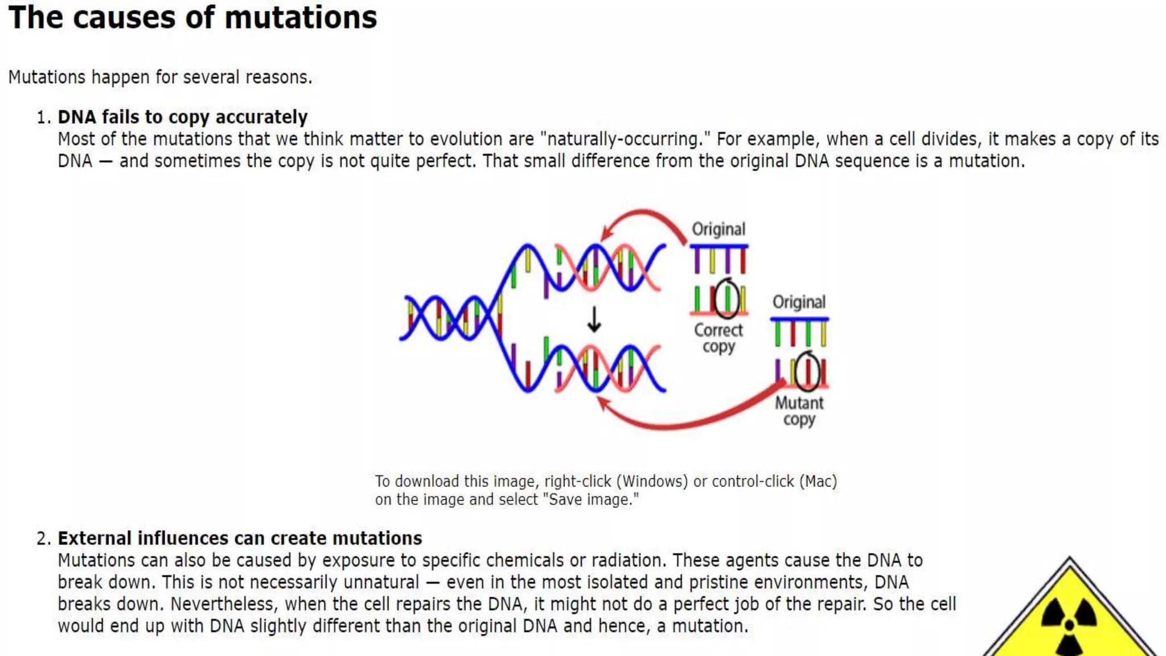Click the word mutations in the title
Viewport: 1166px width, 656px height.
301,18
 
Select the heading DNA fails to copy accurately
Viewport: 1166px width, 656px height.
182,117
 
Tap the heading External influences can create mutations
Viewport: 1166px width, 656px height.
240,538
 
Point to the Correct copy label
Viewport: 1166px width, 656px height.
719,338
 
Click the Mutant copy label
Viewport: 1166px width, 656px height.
799,411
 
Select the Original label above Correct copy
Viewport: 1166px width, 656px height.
719,229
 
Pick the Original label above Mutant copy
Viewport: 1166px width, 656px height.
799,302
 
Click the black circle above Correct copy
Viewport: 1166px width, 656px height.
726,298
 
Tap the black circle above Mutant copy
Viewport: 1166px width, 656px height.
807,371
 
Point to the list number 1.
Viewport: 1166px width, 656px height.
43,117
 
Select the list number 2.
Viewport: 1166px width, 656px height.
43,539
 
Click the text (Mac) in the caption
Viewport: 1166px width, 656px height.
818,481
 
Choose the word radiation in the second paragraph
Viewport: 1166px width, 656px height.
627,560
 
